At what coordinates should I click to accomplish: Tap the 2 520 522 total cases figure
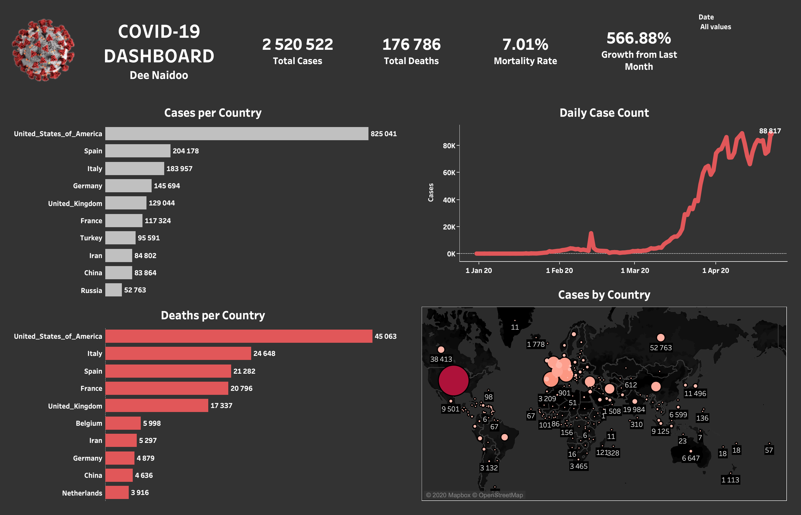click(297, 44)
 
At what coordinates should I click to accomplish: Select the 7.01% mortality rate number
click(525, 44)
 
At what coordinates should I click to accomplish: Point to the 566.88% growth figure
click(639, 38)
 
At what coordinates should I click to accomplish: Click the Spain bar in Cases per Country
click(138, 151)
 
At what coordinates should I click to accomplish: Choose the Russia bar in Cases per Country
click(114, 290)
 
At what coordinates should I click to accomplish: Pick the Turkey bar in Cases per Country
click(120, 238)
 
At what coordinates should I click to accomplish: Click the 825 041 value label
click(383, 134)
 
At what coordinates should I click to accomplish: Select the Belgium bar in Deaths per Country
click(123, 423)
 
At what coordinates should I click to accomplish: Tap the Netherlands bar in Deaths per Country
click(117, 493)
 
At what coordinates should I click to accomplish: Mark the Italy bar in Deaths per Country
click(178, 353)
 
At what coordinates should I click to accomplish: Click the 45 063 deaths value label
click(385, 336)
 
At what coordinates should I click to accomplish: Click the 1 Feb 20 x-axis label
click(559, 271)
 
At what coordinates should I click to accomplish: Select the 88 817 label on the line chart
click(770, 131)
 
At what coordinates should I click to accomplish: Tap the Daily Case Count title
click(604, 113)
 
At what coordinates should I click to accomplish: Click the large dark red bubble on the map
click(453, 381)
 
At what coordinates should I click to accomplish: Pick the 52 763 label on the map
click(661, 348)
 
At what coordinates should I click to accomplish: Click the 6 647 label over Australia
click(691, 458)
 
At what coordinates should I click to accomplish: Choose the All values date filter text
click(715, 27)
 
